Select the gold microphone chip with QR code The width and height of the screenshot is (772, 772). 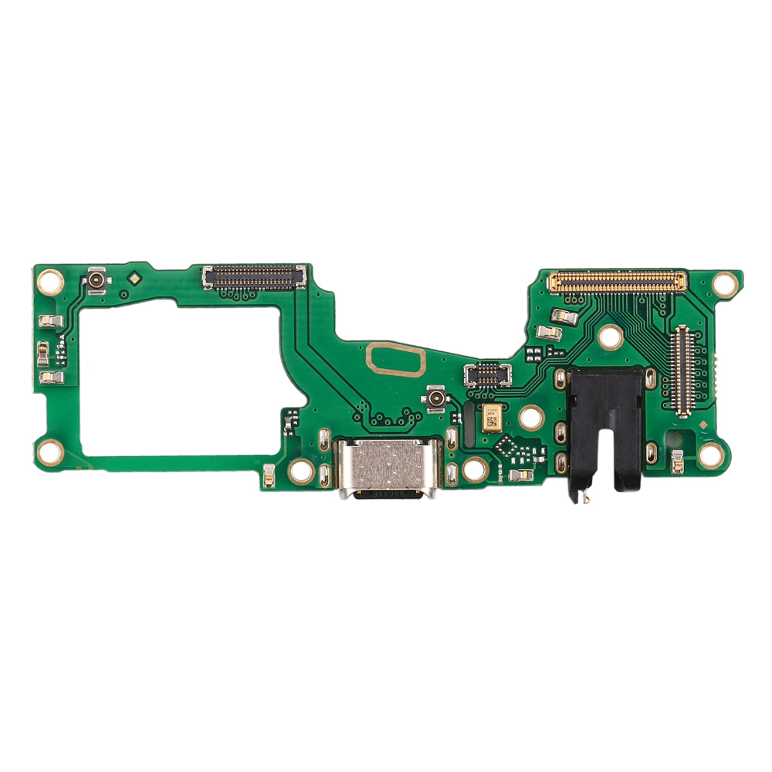tap(491, 418)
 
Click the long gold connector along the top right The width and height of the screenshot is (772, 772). tap(617, 282)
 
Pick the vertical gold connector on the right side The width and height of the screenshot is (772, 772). tap(681, 371)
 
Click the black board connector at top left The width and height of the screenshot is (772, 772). tap(254, 276)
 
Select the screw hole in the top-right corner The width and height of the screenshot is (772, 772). tap(725, 283)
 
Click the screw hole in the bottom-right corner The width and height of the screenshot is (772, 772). tap(711, 455)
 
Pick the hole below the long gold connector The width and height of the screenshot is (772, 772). tap(611, 337)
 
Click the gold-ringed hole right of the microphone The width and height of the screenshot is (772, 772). tap(531, 418)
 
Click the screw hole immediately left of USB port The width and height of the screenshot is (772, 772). tap(301, 470)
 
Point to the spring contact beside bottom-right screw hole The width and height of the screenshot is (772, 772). tap(677, 461)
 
